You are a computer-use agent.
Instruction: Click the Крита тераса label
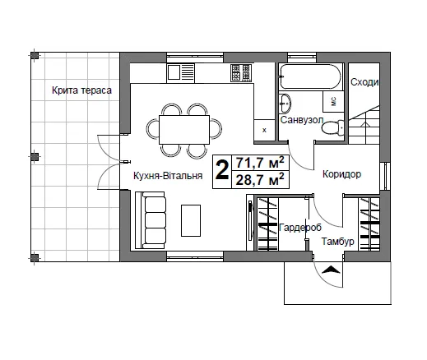(81, 90)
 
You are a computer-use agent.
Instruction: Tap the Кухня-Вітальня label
(168, 176)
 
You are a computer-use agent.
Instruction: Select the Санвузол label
(302, 120)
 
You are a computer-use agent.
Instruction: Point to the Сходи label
(364, 82)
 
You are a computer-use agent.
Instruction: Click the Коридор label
(341, 174)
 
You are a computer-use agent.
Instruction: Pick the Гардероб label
(300, 228)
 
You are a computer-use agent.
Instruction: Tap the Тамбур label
(337, 242)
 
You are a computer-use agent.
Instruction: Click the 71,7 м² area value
(260, 163)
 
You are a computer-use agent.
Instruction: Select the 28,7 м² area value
(260, 180)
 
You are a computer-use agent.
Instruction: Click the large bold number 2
(222, 171)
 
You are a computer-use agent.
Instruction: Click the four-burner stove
(241, 73)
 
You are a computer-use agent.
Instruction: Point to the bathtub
(311, 76)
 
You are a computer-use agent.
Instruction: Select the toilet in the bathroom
(332, 127)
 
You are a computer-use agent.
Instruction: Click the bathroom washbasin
(285, 103)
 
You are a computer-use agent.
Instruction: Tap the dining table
(184, 130)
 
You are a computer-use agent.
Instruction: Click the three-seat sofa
(151, 220)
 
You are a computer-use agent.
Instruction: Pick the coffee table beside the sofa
(191, 220)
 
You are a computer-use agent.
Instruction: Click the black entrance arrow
(331, 270)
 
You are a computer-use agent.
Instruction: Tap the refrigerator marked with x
(264, 130)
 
